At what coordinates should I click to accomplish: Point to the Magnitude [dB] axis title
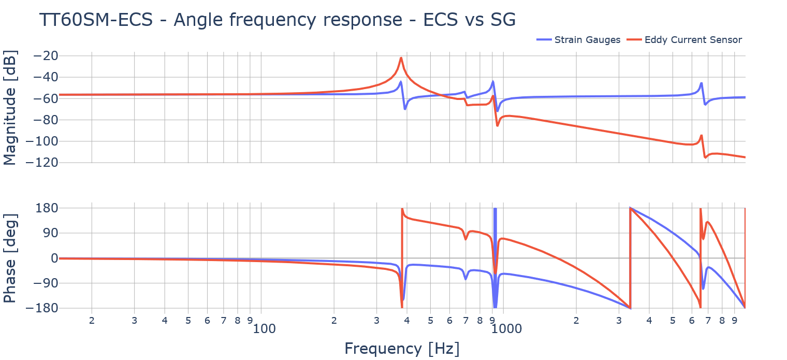click(x=10, y=108)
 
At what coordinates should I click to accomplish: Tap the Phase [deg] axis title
click(x=10, y=257)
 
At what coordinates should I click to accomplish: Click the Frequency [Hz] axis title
click(x=402, y=348)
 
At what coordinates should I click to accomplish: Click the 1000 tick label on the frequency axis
click(x=503, y=328)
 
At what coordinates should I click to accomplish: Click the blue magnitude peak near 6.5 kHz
click(x=701, y=83)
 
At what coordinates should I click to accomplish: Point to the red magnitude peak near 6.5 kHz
click(x=701, y=136)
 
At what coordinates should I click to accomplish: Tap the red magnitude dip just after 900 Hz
click(x=498, y=126)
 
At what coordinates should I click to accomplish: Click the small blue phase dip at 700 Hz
click(x=465, y=279)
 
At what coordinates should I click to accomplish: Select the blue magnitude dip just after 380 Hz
click(x=405, y=109)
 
